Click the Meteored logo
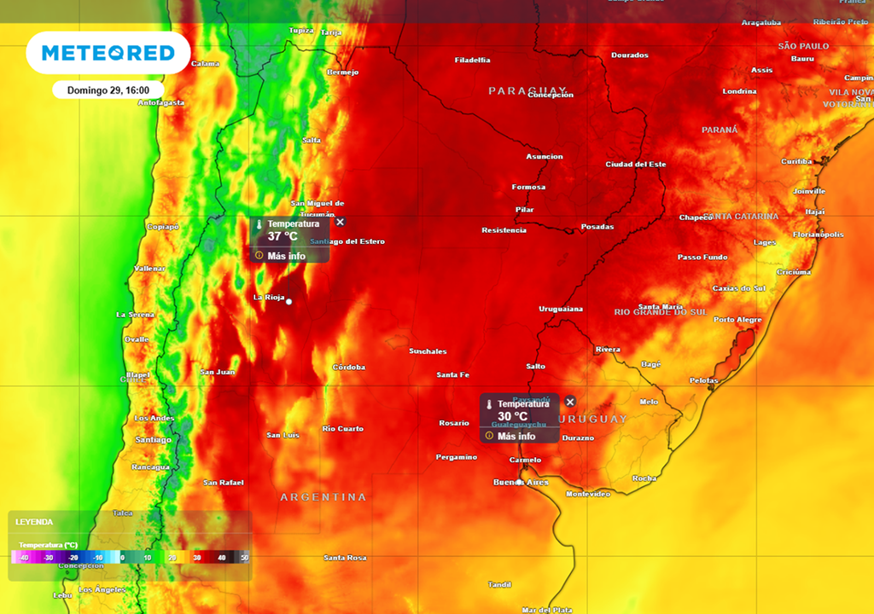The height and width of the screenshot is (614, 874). pos(108,53)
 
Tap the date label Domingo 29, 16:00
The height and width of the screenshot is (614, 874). pos(102,90)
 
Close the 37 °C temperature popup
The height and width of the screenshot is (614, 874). pos(340,222)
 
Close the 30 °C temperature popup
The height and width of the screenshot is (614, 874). pos(570,402)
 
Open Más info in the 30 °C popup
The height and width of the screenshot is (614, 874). pos(516,436)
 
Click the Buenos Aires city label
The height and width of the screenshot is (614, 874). pos(521,483)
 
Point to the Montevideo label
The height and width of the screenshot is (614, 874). pos(588,494)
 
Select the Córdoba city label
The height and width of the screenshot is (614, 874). pos(348,367)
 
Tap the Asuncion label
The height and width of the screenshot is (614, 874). pos(544,156)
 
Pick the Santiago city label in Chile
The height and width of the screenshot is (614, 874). pos(154,439)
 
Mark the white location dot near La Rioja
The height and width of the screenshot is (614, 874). pos(289,302)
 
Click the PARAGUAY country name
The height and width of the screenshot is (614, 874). pos(527,90)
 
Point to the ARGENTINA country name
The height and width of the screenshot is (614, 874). pos(323,496)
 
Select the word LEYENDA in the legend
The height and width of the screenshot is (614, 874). pos(34,522)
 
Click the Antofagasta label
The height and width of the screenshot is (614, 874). pos(161,102)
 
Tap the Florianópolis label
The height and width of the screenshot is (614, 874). pos(819,234)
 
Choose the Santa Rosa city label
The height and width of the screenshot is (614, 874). pos(345,557)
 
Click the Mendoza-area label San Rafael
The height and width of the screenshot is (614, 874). pos(223,483)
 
